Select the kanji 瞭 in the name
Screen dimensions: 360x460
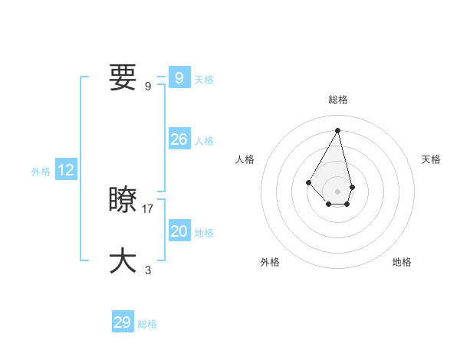(123, 200)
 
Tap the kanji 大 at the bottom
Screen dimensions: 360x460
(123, 260)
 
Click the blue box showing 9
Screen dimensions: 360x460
(179, 78)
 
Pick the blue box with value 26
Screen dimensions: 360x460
(179, 139)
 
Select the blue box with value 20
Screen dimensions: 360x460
(179, 231)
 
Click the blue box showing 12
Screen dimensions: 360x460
(66, 171)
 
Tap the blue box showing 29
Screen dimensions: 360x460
(122, 322)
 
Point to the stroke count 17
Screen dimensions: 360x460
(148, 208)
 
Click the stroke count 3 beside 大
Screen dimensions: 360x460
(148, 270)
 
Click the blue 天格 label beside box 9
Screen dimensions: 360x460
(204, 80)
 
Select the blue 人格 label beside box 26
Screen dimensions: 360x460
(204, 141)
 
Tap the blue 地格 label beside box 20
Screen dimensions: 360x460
(204, 233)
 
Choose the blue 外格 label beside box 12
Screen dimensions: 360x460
(41, 172)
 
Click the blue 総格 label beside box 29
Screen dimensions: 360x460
(147, 324)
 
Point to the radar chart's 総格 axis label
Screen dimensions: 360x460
(338, 100)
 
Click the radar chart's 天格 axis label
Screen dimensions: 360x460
(431, 159)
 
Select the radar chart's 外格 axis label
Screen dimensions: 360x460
(270, 262)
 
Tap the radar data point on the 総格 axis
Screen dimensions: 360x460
(337, 129)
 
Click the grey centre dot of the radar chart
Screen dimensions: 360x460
(337, 191)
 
